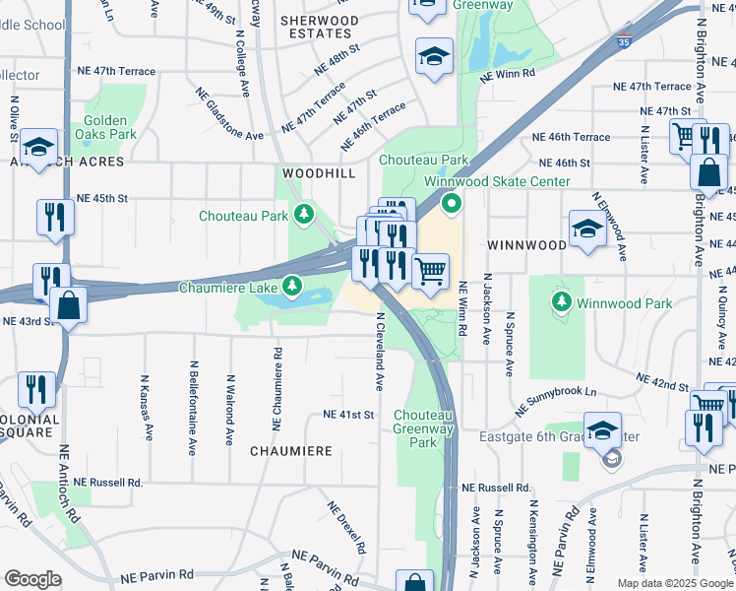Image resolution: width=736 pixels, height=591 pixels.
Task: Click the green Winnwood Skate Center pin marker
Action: pos(452,205)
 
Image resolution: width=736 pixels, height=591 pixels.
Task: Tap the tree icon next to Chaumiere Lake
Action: pos(291,287)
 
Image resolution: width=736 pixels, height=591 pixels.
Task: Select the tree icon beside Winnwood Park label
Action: pos(561,299)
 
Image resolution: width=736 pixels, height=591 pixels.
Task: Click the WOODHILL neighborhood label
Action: pos(318,172)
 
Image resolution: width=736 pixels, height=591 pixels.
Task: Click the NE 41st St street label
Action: pos(348,416)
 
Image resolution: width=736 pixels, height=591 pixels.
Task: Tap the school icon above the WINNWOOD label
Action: pos(586,229)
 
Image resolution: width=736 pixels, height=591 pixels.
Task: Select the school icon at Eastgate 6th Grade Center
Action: pos(602,429)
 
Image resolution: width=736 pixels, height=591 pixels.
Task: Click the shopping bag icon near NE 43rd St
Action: pos(68,304)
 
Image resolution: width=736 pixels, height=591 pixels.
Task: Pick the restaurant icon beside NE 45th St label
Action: pos(53,217)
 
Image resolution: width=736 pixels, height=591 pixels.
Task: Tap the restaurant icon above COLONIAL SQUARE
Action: pos(37,389)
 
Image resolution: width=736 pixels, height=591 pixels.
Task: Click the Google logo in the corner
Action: pos(32,579)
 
